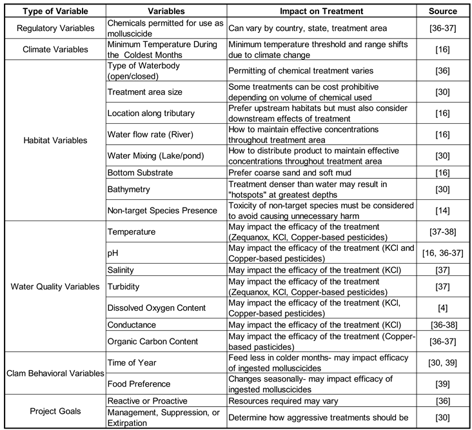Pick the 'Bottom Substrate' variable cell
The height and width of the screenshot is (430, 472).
click(140, 172)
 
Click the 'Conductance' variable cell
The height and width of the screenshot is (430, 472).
click(133, 324)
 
